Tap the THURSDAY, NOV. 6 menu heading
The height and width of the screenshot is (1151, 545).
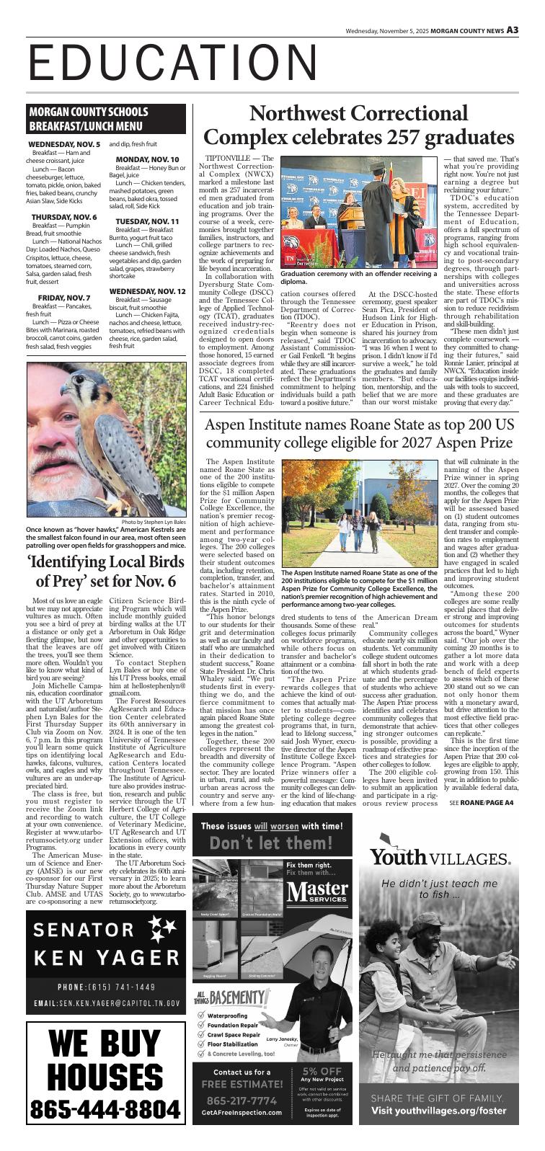coord(64,216)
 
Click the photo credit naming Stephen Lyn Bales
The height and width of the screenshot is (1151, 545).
coord(154,522)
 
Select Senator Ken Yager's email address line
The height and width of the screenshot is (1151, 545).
coord(105,1003)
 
